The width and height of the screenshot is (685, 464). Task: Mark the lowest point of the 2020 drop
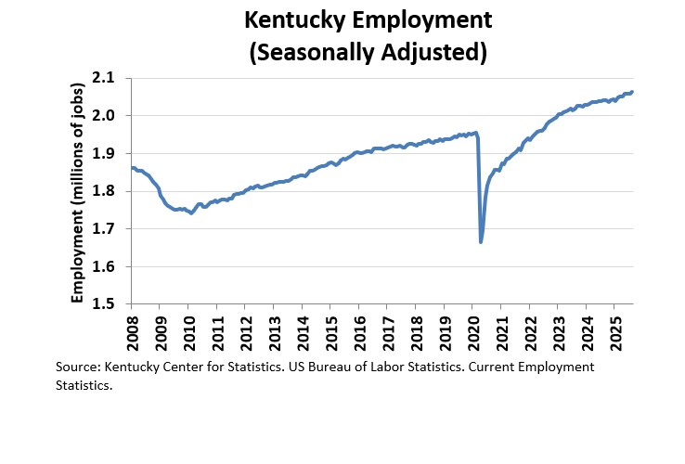[x=481, y=242]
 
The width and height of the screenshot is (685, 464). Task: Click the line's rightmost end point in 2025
[x=633, y=92]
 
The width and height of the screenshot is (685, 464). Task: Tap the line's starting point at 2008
[x=132, y=168]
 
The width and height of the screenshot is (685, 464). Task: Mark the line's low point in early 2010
[x=191, y=213]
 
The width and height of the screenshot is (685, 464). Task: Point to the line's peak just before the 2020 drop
[x=475, y=133]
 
